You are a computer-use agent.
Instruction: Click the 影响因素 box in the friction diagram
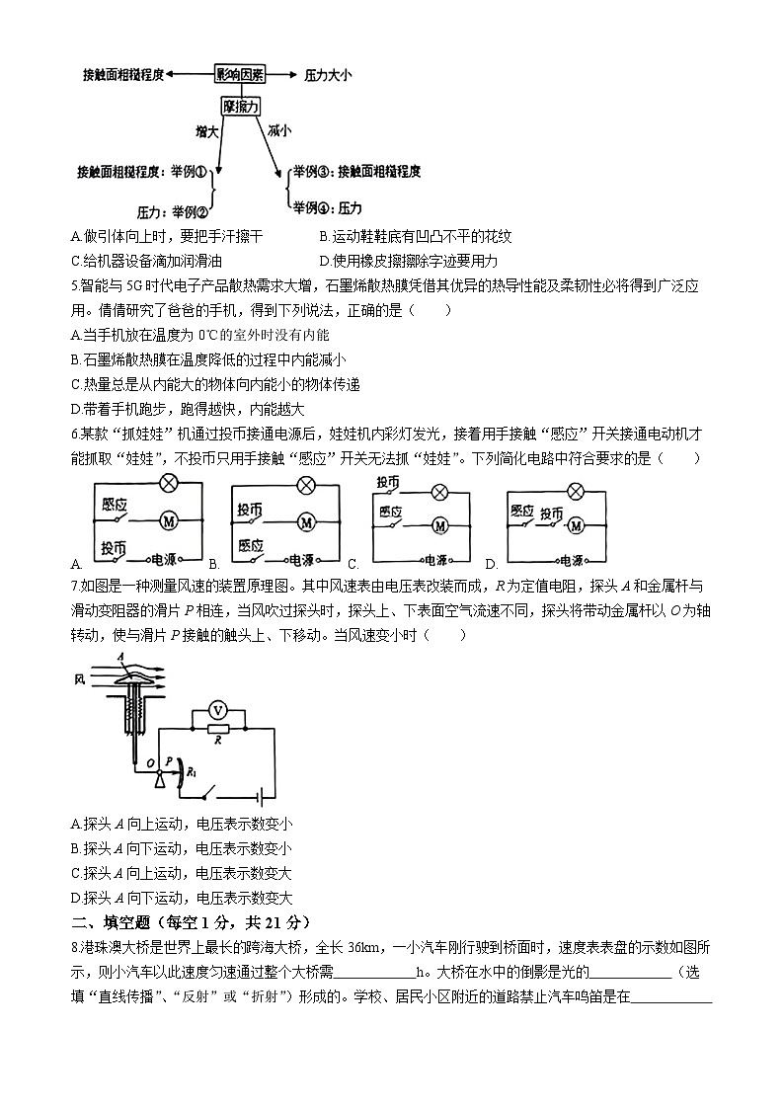240,74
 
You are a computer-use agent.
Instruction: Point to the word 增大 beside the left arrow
206,130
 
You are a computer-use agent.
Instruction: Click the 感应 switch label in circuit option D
521,511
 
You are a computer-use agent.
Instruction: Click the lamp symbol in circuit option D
575,490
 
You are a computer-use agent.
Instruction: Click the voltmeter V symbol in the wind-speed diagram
222,708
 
